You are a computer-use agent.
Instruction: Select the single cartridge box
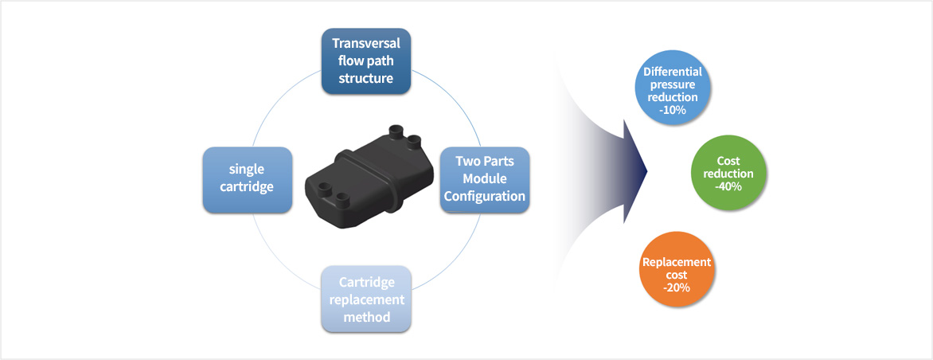click(247, 178)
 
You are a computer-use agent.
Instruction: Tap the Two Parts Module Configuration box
click(484, 178)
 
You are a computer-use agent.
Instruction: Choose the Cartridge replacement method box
click(366, 299)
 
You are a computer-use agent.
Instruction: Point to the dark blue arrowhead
click(636, 171)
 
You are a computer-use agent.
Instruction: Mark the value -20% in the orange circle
click(677, 288)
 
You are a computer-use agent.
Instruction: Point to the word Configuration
click(484, 196)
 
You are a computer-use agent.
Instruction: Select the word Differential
click(672, 71)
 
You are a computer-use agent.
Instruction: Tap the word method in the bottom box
click(366, 317)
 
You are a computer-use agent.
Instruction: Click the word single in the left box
click(247, 170)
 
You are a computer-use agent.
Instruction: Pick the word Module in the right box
click(484, 178)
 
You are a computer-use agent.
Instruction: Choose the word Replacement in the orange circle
click(677, 262)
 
